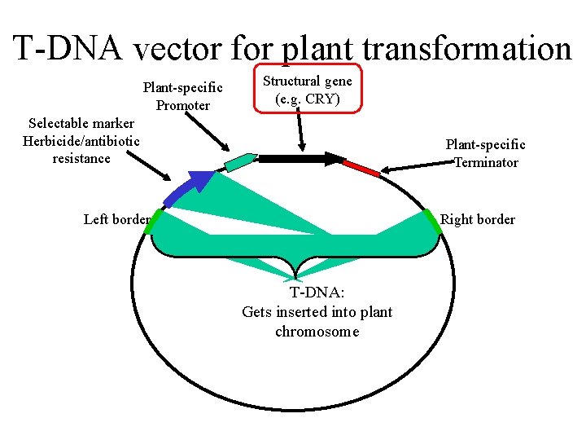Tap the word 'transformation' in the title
[x=467, y=49]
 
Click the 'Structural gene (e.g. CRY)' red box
[x=307, y=90]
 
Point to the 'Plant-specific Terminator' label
[x=485, y=153]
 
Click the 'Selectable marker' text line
[x=81, y=124]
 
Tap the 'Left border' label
[x=116, y=218]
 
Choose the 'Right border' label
[x=477, y=219]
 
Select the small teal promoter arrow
[x=240, y=161]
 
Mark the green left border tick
[x=155, y=222]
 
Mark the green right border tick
[x=432, y=221]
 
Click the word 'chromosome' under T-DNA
[x=317, y=332]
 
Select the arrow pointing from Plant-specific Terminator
[x=411, y=168]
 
